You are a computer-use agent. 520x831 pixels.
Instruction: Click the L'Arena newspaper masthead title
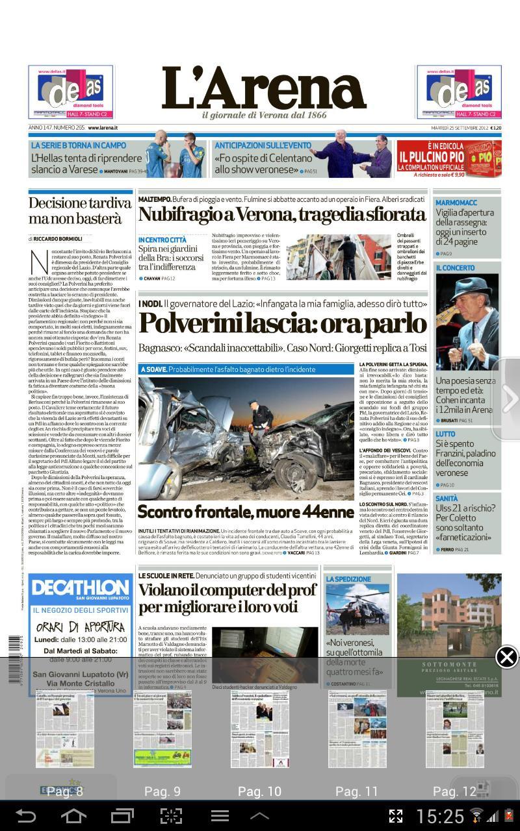(263, 89)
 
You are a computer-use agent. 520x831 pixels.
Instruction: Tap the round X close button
(506, 657)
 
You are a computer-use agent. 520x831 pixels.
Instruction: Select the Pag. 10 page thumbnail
(259, 728)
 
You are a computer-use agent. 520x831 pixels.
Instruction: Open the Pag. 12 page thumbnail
(454, 728)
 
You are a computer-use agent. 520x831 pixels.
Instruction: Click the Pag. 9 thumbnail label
(162, 791)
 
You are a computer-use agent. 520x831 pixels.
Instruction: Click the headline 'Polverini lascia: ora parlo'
(282, 323)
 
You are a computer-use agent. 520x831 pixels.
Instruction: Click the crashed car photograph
(246, 438)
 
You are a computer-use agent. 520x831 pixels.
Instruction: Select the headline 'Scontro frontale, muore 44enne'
(246, 512)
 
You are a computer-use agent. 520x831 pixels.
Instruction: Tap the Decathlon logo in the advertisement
(80, 589)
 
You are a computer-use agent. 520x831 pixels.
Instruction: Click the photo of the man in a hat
(467, 322)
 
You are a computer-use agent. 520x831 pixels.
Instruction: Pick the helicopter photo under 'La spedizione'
(357, 608)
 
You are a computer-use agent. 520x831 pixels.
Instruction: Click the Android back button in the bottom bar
(26, 815)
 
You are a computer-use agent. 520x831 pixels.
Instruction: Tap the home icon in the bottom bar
(73, 815)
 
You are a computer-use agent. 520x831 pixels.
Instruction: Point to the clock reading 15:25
(440, 816)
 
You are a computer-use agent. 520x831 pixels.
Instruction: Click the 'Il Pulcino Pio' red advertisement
(448, 159)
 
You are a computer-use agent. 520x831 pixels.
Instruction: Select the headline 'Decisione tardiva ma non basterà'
(79, 210)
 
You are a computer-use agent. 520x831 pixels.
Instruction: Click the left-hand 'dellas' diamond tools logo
(71, 92)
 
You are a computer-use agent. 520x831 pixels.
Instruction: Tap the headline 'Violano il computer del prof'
(227, 598)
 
